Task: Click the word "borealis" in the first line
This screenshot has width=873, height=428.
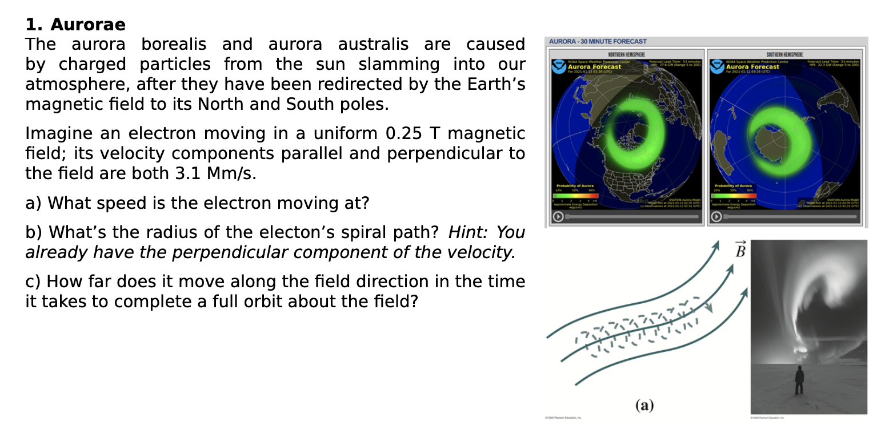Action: [174, 44]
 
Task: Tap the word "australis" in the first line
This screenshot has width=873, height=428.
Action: [373, 44]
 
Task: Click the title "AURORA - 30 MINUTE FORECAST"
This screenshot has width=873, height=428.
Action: [598, 41]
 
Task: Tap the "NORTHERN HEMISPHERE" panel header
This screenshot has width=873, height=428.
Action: [626, 54]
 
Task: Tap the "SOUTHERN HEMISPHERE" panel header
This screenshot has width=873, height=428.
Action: [784, 54]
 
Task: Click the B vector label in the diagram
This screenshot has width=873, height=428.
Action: [740, 251]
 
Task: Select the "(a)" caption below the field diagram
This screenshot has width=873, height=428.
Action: [644, 406]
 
